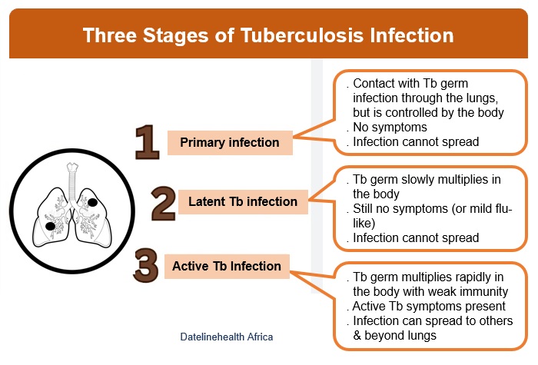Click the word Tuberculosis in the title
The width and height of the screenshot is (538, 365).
[302, 35]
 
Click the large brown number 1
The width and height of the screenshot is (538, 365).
[148, 142]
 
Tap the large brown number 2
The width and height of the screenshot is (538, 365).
[163, 203]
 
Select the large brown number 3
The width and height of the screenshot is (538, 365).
[146, 266]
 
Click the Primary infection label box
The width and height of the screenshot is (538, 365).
[230, 143]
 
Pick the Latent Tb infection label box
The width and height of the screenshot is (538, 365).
[243, 201]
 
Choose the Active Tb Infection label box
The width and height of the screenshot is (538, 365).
[227, 266]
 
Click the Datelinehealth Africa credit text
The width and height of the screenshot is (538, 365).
[227, 337]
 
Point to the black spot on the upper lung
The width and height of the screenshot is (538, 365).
[92, 202]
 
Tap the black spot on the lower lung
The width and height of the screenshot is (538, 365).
[51, 226]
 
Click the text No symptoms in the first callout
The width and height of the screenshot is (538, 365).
[390, 128]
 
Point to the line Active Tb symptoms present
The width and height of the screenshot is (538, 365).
[429, 306]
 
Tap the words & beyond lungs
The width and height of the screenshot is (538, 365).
[394, 335]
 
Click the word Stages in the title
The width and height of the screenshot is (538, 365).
[175, 36]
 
